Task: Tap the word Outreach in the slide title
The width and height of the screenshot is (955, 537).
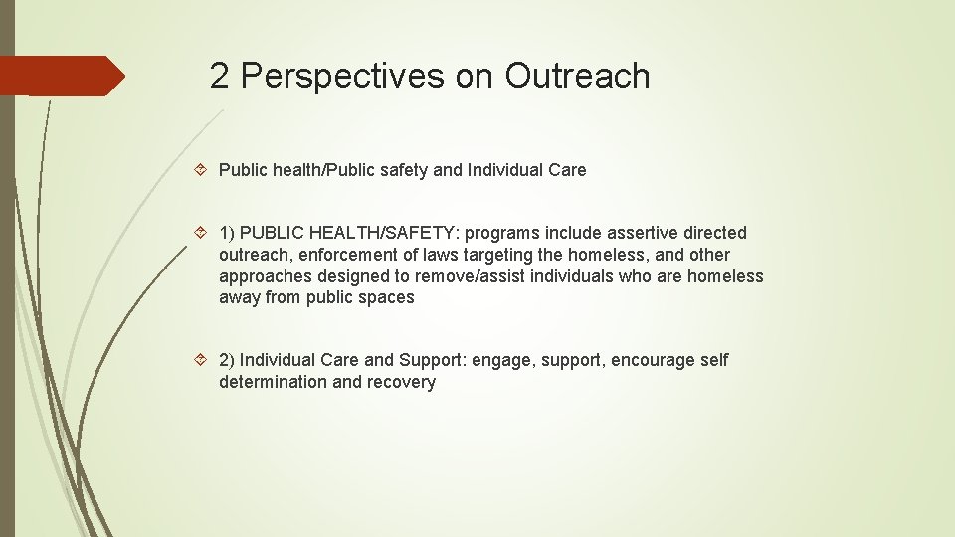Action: pos(577,77)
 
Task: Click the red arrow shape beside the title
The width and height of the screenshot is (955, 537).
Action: pos(62,76)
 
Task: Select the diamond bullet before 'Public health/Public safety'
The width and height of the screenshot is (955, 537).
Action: pos(202,170)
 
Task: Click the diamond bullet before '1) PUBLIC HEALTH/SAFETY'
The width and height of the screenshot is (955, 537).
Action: pos(202,233)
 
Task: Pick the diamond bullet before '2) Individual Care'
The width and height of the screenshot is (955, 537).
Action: pos(202,360)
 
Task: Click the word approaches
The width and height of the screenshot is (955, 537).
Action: pos(265,276)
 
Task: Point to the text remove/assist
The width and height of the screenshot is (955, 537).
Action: pos(473,276)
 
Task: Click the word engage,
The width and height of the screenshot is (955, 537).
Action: pos(503,360)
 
